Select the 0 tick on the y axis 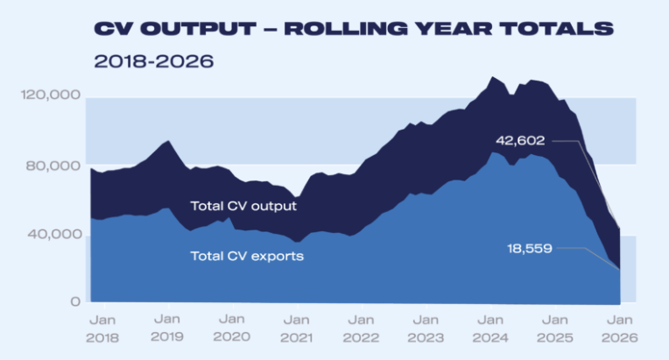[x=76, y=302]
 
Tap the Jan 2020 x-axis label [x=232, y=328]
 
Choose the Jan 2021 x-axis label [x=297, y=328]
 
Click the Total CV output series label [x=243, y=207]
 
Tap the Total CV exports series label [x=247, y=257]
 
